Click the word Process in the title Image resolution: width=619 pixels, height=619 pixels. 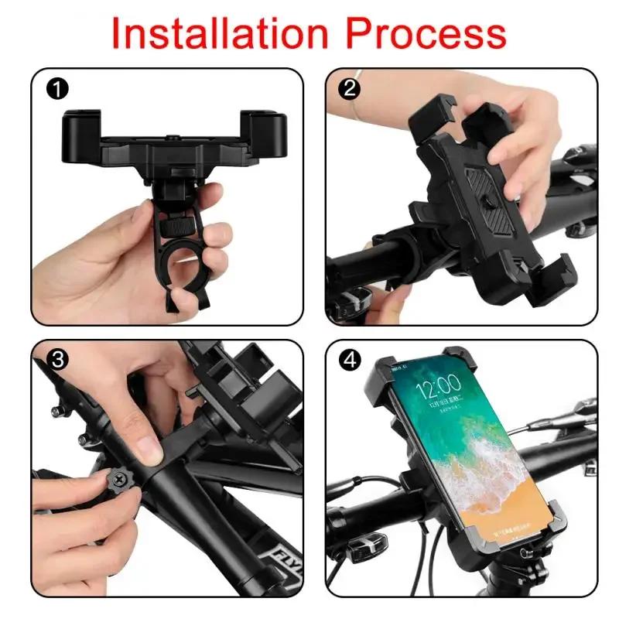point(427,32)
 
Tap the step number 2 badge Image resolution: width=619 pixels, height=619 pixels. point(351,88)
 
